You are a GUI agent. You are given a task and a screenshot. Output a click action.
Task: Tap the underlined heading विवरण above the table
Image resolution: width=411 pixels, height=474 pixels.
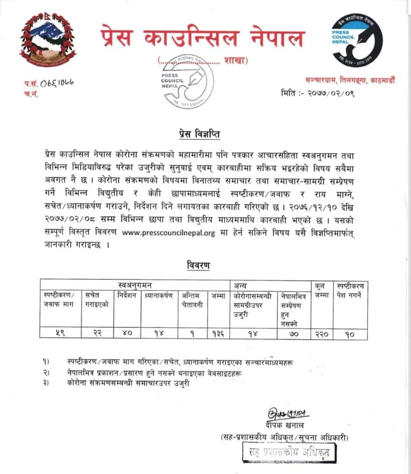pyautogui.click(x=199, y=266)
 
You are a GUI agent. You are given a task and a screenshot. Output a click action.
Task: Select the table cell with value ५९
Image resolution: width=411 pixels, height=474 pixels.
pyautogui.click(x=59, y=333)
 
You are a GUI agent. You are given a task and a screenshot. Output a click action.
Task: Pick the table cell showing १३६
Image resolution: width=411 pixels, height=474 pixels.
pyautogui.click(x=218, y=333)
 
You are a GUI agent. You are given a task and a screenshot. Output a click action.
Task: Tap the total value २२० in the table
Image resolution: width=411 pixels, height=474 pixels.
pyautogui.click(x=321, y=333)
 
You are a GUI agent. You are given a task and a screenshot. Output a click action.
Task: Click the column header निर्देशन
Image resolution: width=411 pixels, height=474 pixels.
pyautogui.click(x=126, y=294)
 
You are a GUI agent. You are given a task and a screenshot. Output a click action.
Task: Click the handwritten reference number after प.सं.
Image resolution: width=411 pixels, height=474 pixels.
pyautogui.click(x=57, y=84)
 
